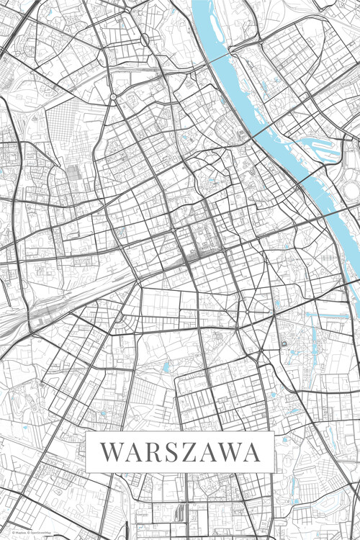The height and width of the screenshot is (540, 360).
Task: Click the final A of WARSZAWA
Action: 251,453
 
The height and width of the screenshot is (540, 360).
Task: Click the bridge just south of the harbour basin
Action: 317,176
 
